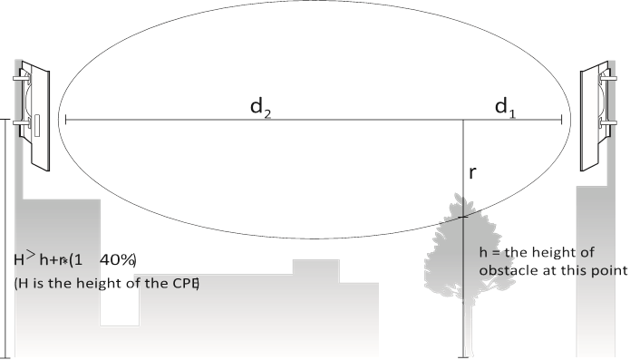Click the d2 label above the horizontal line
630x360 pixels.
coord(262,107)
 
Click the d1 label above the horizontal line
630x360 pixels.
coord(504,107)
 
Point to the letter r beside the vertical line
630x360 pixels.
coord(472,171)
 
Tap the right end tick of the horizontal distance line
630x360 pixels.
coord(564,119)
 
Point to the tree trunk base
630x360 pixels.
coord(464,351)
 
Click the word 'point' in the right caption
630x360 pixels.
coord(606,270)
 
